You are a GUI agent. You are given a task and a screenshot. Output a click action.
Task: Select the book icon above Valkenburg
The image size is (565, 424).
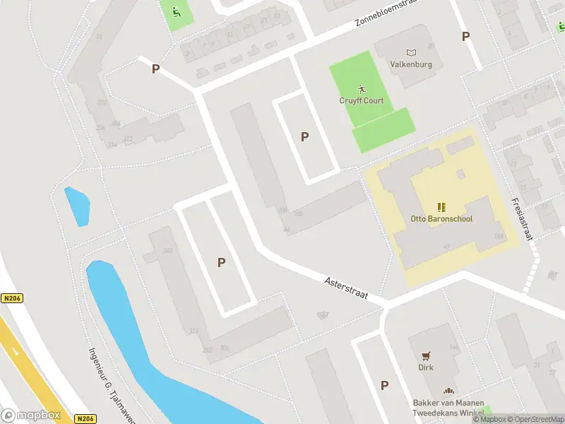(411, 52)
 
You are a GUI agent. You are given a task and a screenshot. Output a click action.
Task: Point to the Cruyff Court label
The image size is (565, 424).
(362, 100)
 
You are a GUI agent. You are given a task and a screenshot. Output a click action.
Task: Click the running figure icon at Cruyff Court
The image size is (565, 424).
(362, 88)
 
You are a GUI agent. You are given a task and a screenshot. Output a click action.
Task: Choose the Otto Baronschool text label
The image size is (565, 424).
(441, 218)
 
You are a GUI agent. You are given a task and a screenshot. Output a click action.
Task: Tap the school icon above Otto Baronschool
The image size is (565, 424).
(441, 207)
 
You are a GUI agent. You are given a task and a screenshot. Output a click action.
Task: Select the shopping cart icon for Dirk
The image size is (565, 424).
(426, 356)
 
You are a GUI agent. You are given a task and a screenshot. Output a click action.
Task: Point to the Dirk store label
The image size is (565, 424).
(426, 367)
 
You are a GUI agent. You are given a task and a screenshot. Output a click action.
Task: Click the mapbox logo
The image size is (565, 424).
(31, 415)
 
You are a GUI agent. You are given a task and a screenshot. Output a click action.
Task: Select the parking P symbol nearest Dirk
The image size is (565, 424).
(384, 385)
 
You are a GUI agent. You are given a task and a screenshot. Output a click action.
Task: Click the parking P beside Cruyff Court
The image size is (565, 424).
(304, 136)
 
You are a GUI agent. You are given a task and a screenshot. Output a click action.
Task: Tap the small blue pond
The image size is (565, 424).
(77, 206)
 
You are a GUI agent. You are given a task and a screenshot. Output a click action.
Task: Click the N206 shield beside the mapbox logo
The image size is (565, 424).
(85, 418)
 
